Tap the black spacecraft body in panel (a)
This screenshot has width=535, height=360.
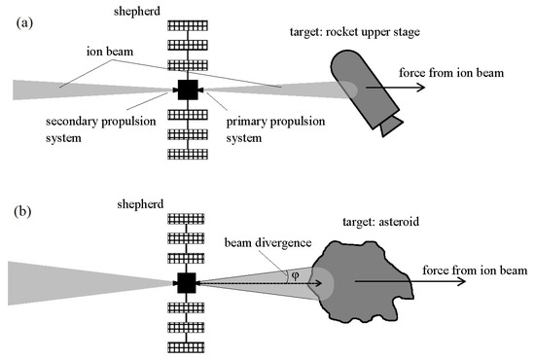pos(187,90)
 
